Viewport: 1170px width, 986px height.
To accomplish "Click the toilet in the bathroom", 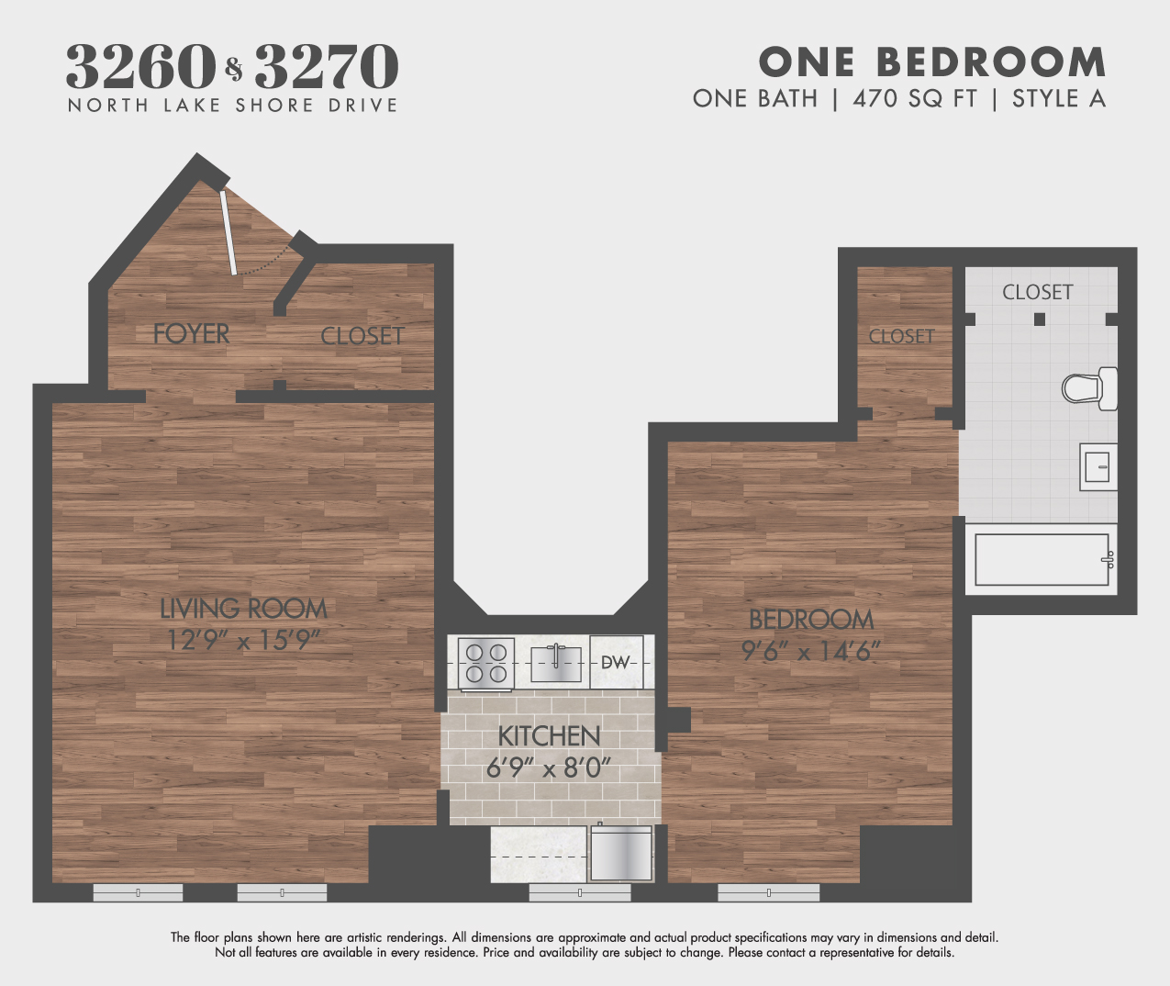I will (1089, 388).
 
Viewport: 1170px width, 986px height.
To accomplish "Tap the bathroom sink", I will (1098, 467).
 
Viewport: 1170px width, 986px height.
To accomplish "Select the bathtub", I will (1042, 559).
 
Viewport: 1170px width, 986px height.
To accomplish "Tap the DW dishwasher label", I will (616, 662).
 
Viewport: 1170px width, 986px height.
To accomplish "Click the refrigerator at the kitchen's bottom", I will (621, 854).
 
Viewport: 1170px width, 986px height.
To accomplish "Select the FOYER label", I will (191, 334).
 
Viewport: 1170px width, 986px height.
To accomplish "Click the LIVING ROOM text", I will (243, 609).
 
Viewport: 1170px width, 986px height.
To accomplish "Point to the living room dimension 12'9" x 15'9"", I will (243, 640).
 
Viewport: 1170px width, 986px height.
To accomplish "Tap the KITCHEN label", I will (549, 736).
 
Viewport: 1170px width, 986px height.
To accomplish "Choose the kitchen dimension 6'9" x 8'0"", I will (549, 768).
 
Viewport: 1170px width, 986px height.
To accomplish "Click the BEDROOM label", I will (811, 620).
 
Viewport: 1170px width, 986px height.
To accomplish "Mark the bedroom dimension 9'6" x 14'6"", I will (811, 651).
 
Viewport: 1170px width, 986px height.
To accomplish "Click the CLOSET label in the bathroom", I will (1037, 292).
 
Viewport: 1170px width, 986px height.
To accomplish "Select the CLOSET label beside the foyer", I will (362, 336).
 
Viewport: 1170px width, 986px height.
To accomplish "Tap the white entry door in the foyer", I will (228, 232).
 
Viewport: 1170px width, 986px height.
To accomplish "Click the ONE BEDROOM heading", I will (932, 62).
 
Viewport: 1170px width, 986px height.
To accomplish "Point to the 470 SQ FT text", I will (915, 98).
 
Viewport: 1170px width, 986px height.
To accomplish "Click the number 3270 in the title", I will (327, 66).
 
